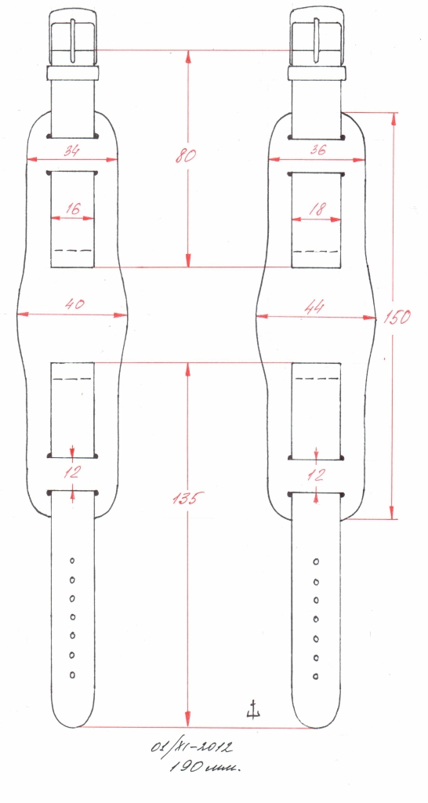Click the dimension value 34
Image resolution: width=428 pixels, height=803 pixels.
(x=72, y=151)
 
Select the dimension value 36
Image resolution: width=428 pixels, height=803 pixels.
(x=317, y=151)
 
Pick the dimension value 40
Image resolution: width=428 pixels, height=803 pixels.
(x=74, y=303)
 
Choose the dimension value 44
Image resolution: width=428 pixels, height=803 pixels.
(x=316, y=307)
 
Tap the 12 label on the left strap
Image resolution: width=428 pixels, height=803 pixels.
(x=72, y=471)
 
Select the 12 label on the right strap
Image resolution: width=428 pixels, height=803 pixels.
(x=317, y=474)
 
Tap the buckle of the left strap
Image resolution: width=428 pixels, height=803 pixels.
(x=73, y=36)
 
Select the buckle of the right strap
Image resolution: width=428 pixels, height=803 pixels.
(x=317, y=36)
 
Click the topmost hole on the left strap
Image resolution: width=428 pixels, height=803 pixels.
(x=72, y=561)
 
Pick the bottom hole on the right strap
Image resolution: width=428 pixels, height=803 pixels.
(x=316, y=675)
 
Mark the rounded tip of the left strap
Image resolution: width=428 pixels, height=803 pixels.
(x=73, y=723)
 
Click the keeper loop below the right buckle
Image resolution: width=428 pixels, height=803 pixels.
(x=317, y=73)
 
